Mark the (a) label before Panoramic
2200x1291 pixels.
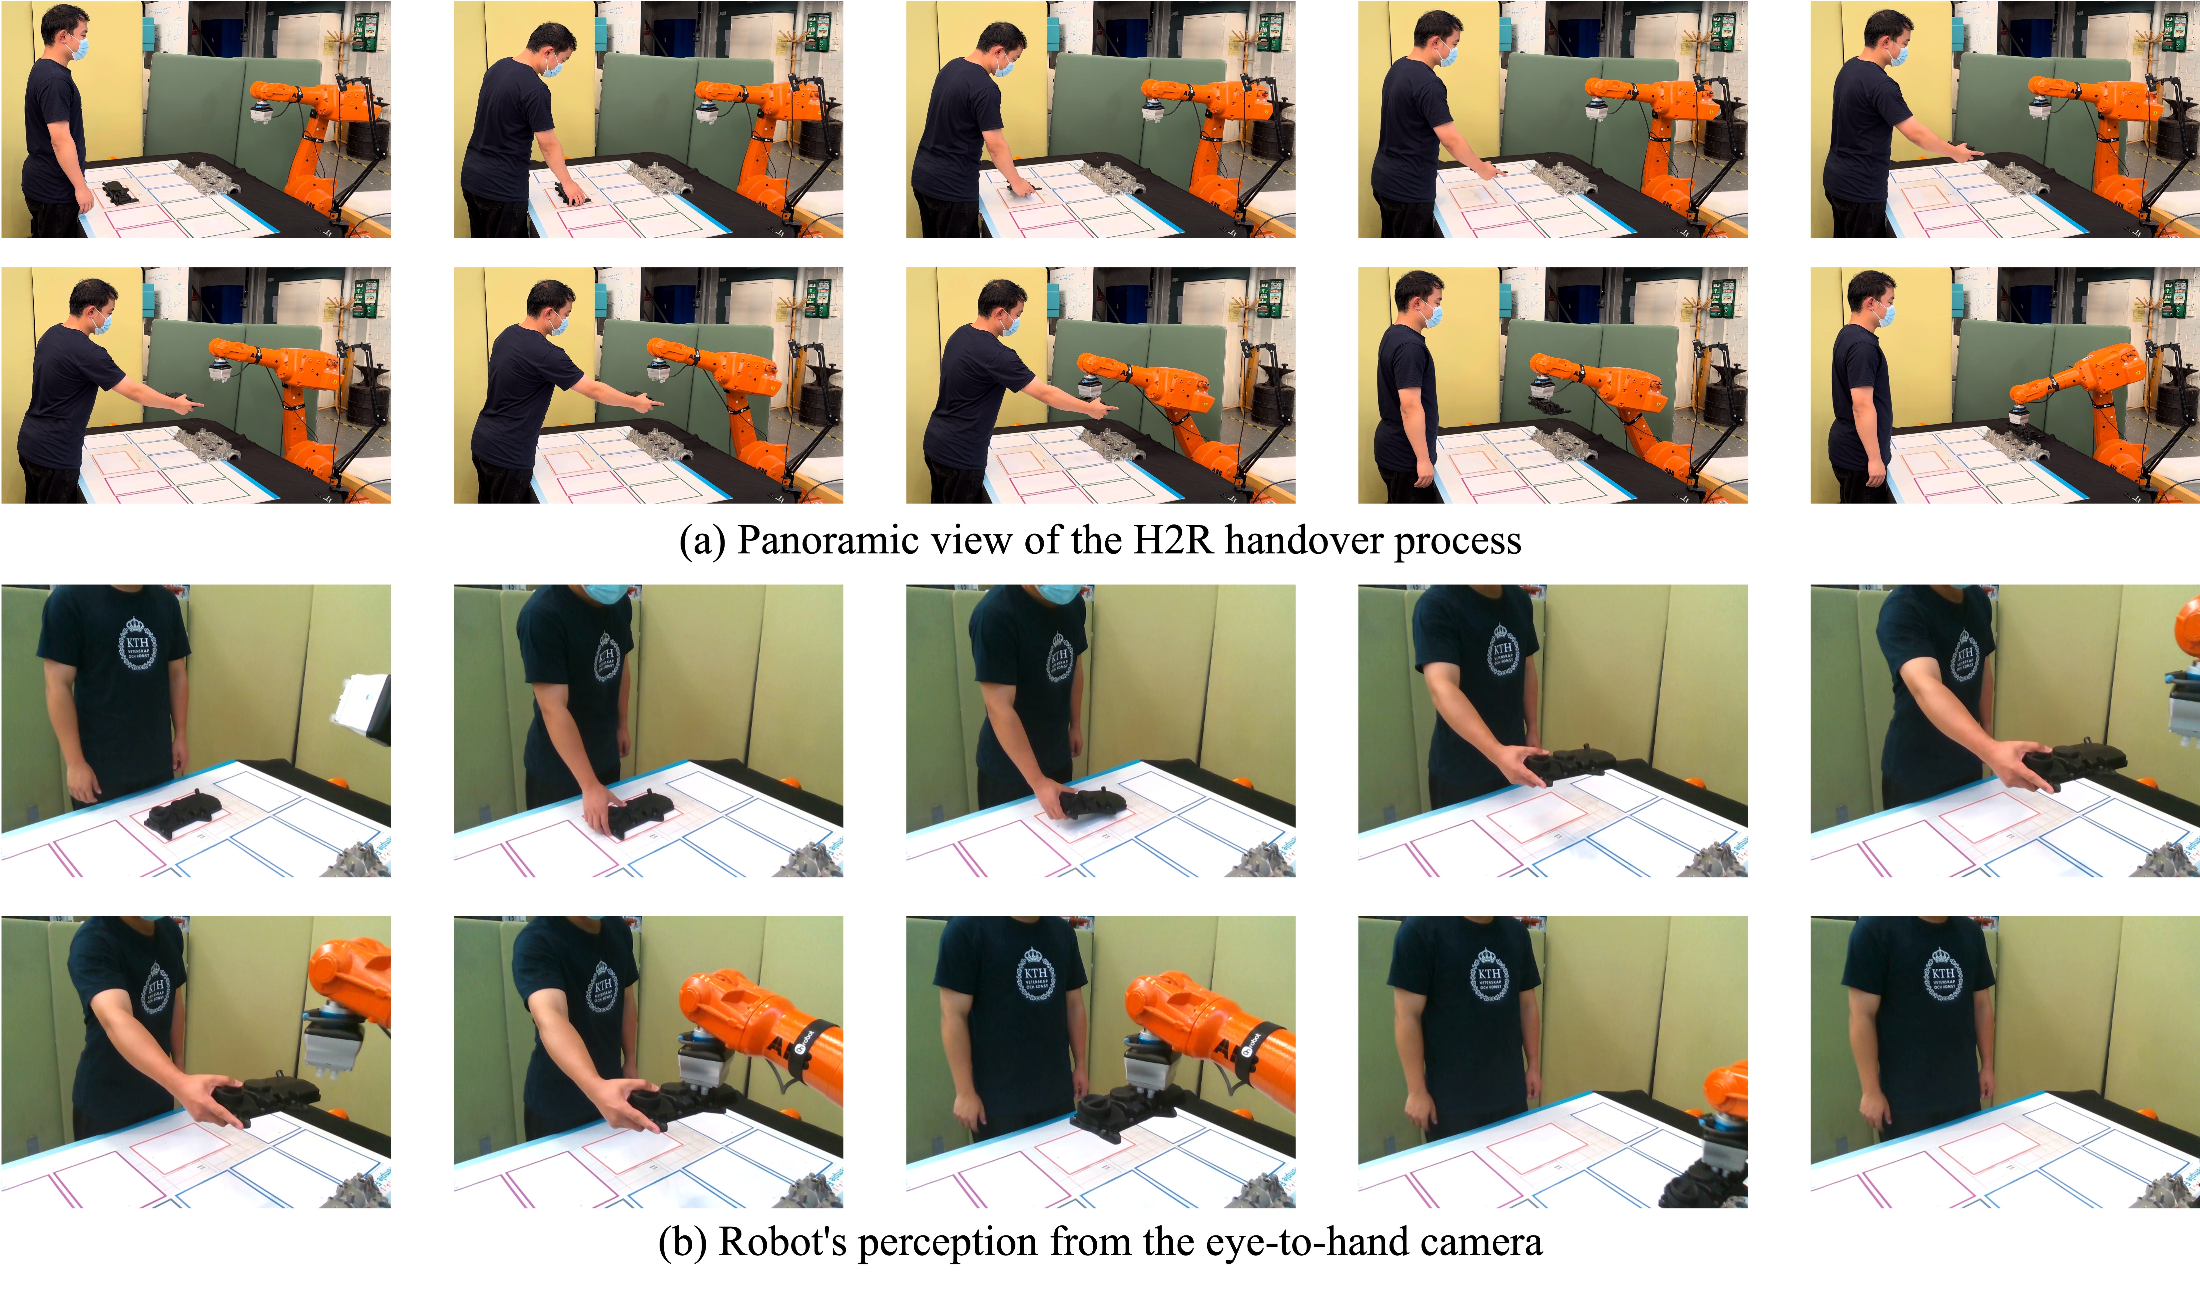tap(703, 541)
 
